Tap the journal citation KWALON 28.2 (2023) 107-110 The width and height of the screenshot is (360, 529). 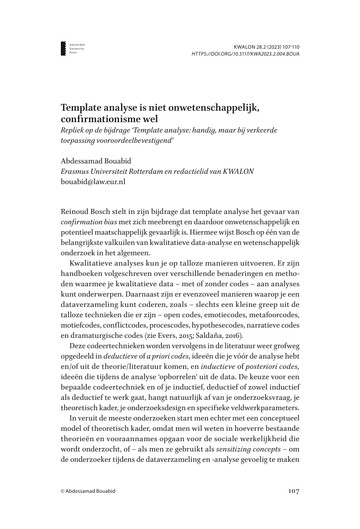point(267,45)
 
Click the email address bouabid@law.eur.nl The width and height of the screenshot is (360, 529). point(93,181)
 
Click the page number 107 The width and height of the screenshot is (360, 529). point(292,491)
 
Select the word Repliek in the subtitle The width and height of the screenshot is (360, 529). point(73,130)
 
